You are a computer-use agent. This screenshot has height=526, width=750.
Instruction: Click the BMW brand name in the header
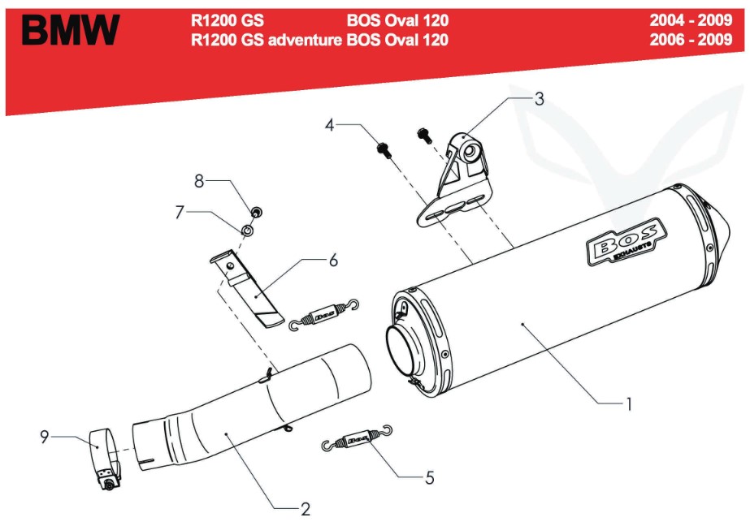pos(71,30)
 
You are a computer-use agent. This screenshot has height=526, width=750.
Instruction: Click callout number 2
pos(306,509)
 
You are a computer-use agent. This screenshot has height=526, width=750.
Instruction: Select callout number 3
pos(539,98)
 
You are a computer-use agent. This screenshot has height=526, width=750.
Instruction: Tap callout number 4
pos(329,125)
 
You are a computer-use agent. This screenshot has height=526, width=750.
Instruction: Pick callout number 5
pos(430,477)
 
